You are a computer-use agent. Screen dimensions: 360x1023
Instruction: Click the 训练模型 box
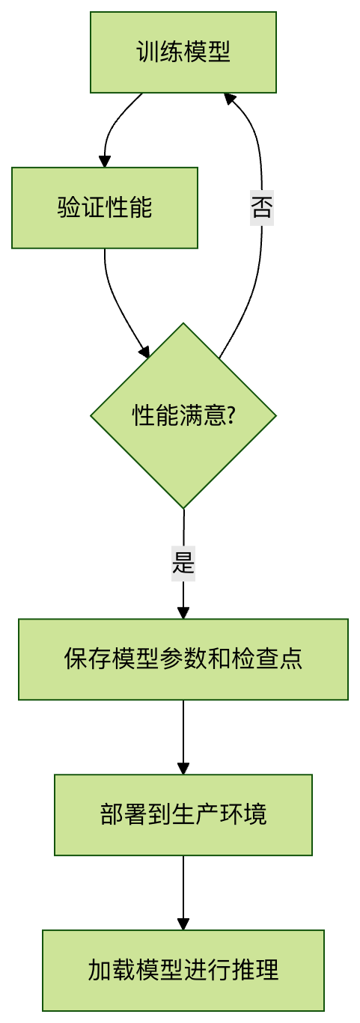point(183,52)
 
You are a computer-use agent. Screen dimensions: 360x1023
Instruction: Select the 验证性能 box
point(105,208)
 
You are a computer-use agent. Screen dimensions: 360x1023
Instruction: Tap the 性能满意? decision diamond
point(183,415)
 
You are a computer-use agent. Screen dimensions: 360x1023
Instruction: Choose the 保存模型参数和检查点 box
point(183,659)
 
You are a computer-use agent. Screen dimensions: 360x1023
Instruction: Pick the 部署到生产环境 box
point(183,815)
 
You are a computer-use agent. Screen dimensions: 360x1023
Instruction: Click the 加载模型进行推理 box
point(183,970)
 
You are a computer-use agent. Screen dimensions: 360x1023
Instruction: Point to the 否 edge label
point(262,208)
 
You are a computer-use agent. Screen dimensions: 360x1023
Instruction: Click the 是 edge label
point(183,564)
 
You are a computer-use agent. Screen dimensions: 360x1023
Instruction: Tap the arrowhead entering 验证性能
point(105,162)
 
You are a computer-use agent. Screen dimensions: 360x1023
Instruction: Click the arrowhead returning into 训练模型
point(229,99)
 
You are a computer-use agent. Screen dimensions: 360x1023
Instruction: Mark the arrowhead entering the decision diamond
point(144,351)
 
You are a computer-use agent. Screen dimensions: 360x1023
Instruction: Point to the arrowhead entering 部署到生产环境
point(183,769)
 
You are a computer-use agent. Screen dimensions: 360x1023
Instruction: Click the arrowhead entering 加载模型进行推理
point(183,924)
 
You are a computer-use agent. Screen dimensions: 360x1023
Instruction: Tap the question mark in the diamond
point(231,415)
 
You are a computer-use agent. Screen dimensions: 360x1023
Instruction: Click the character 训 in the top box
point(147,52)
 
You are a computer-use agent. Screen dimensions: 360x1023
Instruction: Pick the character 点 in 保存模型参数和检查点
point(291,659)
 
